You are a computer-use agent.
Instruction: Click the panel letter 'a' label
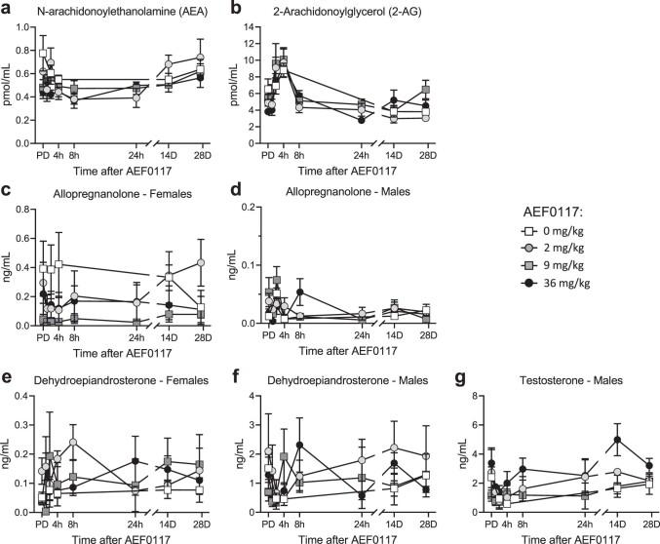click(x=8, y=10)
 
